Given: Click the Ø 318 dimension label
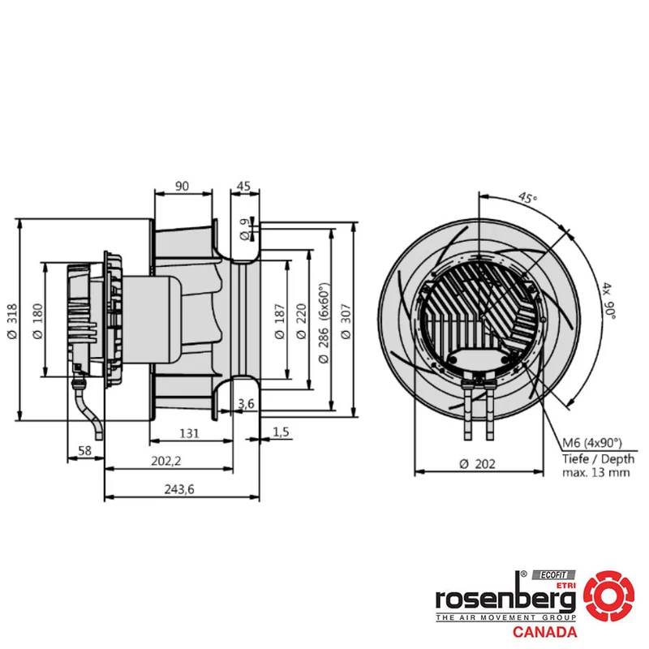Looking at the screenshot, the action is (12, 321).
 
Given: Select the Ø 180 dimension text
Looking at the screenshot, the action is (37, 321).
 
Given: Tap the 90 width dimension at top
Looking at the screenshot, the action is (182, 187).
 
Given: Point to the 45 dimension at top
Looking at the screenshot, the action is (243, 187).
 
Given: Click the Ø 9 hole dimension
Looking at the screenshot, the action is (245, 230).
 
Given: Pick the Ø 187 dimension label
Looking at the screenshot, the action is (280, 321).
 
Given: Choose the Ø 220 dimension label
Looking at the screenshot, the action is (302, 321).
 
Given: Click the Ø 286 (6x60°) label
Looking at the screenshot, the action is (324, 323).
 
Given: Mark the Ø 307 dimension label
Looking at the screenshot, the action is (346, 321).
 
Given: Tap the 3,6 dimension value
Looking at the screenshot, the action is (246, 403).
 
